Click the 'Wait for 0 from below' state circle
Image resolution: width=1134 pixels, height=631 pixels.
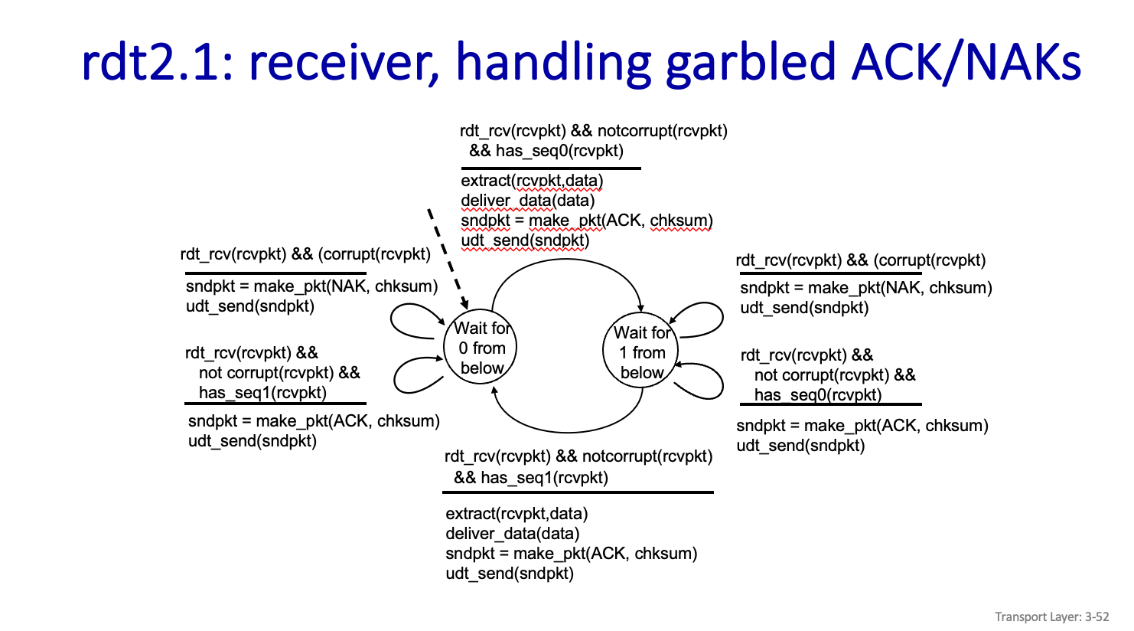point(481,348)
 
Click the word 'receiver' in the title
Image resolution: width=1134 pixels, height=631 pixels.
point(343,61)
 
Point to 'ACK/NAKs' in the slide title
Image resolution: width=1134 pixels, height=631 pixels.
point(966,61)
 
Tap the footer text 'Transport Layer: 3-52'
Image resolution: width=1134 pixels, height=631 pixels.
point(1051,616)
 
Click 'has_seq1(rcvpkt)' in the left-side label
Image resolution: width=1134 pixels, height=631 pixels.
point(262,393)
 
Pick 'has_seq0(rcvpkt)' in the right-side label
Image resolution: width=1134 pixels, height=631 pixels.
point(818,395)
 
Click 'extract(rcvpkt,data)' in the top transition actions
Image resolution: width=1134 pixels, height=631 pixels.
point(532,181)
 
